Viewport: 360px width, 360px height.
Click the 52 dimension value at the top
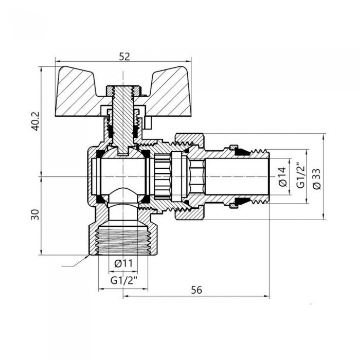pos(124,58)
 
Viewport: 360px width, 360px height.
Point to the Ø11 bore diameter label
pos(123,263)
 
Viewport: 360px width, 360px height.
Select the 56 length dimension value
pos(196,290)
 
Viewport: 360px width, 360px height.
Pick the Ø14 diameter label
pos(281,176)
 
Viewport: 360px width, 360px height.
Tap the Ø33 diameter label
pos(315,176)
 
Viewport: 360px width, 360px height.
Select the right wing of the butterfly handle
pos(167,93)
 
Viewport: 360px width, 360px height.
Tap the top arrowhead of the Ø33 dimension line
pos(323,137)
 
